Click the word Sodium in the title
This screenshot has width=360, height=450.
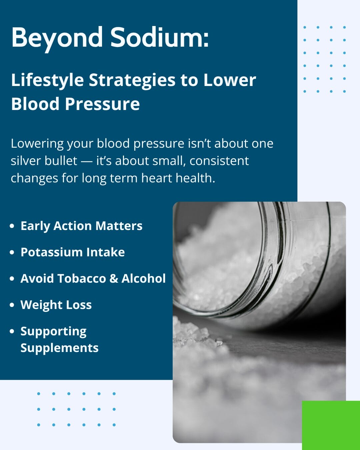coord(156,37)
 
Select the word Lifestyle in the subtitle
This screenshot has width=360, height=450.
coord(47,81)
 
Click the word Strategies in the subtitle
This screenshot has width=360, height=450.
coord(132,81)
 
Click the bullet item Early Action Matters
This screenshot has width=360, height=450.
coord(81,226)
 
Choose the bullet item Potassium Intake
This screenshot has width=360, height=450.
coord(73,252)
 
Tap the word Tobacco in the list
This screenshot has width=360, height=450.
coord(81,278)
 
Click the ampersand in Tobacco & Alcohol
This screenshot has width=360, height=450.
coord(114,279)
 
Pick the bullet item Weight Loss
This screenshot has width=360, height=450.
coord(56,305)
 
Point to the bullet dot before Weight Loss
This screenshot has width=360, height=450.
coord(12,305)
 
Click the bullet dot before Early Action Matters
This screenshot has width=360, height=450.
coord(12,226)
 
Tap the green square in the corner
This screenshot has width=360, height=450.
coord(331,425)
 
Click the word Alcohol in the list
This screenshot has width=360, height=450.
coord(143,278)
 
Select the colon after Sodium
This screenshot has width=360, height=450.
coord(206,40)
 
